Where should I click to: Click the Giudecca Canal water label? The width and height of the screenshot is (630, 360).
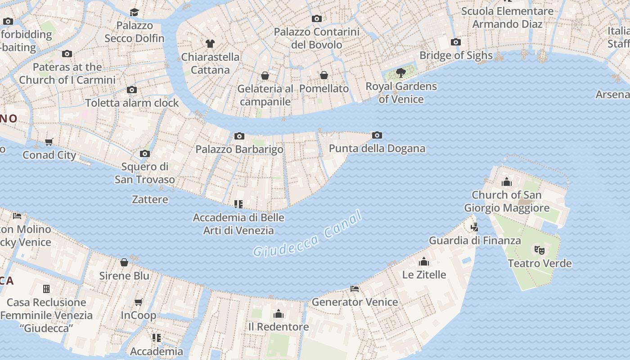coord(307,234)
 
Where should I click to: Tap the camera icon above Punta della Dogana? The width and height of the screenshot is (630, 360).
coord(377,135)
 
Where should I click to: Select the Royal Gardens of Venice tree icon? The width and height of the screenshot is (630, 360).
coord(400,72)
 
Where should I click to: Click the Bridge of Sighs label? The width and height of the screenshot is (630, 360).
coord(456,55)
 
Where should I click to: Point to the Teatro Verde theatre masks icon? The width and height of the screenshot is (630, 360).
coord(539,250)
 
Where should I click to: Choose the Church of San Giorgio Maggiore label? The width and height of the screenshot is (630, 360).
coord(506,202)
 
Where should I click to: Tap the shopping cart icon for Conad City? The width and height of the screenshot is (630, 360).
coord(49,142)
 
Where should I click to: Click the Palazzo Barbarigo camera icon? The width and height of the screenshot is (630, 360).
coord(239,136)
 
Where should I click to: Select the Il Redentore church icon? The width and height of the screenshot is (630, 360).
coord(279,314)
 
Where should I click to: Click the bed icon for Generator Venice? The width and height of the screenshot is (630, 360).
coord(355,289)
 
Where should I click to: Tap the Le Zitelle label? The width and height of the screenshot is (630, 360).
coord(424,274)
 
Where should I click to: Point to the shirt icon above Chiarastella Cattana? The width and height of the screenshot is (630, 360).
coord(210,44)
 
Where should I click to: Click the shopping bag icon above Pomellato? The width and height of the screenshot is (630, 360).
coord(324,75)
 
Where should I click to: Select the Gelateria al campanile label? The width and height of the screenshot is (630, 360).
coord(265,95)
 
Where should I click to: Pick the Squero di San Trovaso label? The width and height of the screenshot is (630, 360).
coord(144,173)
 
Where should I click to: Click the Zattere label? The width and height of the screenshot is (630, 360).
coord(150,199)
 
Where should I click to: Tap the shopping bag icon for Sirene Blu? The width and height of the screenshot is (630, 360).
coord(124,262)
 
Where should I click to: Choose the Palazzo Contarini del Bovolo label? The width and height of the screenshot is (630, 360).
coord(317,38)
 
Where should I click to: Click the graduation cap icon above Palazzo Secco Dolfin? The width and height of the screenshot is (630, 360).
coord(134,12)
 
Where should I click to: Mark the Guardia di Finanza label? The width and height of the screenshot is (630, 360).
coord(475,240)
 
